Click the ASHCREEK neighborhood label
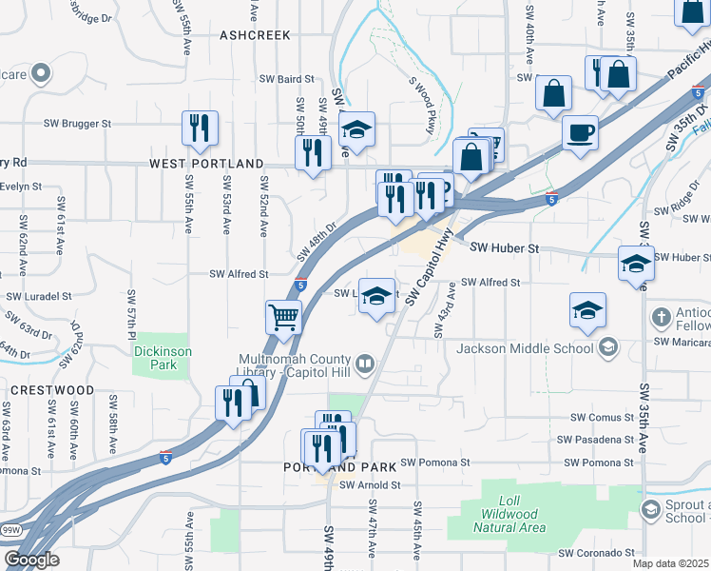[x=254, y=34]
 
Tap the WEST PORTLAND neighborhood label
[x=206, y=164]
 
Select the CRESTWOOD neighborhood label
[x=52, y=390]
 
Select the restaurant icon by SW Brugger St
[x=200, y=128]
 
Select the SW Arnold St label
[x=374, y=485]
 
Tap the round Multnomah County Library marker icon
[x=364, y=363]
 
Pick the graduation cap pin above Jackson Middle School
[x=588, y=309]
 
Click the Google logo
[x=31, y=560]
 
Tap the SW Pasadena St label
[x=595, y=440]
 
